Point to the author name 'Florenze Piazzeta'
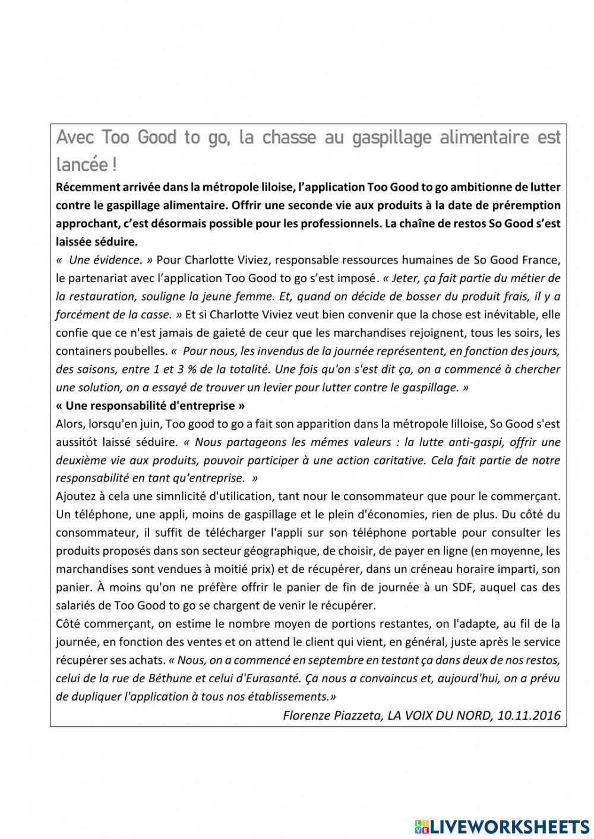[x=333, y=715]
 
